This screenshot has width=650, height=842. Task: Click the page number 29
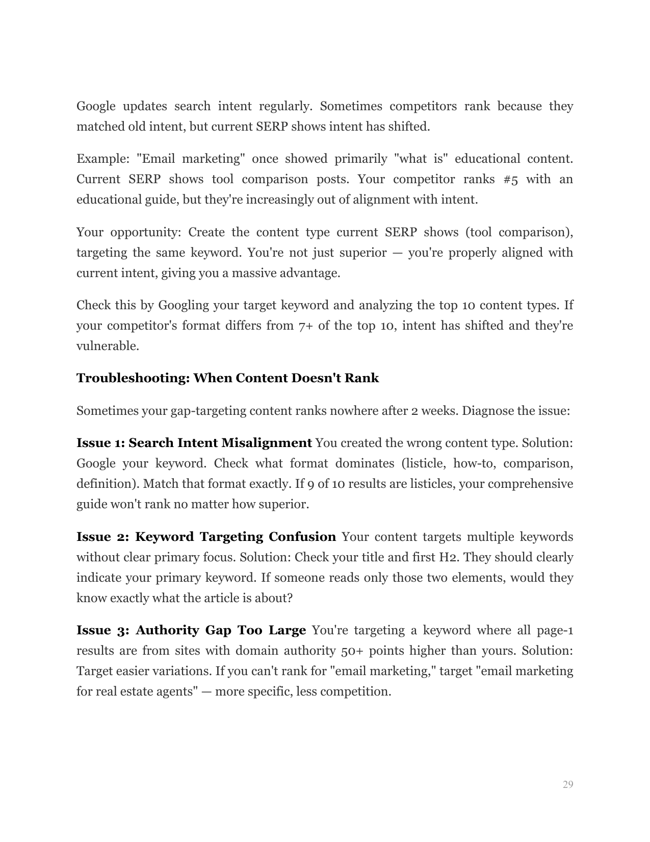[x=568, y=784]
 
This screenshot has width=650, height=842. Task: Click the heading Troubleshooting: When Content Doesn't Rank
[x=227, y=378]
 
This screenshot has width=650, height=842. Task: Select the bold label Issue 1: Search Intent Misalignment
[x=194, y=443]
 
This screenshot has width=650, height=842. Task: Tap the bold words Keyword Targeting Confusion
[x=235, y=537]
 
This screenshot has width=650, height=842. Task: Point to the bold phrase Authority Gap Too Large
[x=220, y=630]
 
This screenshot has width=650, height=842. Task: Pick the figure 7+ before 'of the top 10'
[x=305, y=326]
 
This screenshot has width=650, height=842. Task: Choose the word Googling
[x=184, y=305]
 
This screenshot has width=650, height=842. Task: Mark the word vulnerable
[x=108, y=346]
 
